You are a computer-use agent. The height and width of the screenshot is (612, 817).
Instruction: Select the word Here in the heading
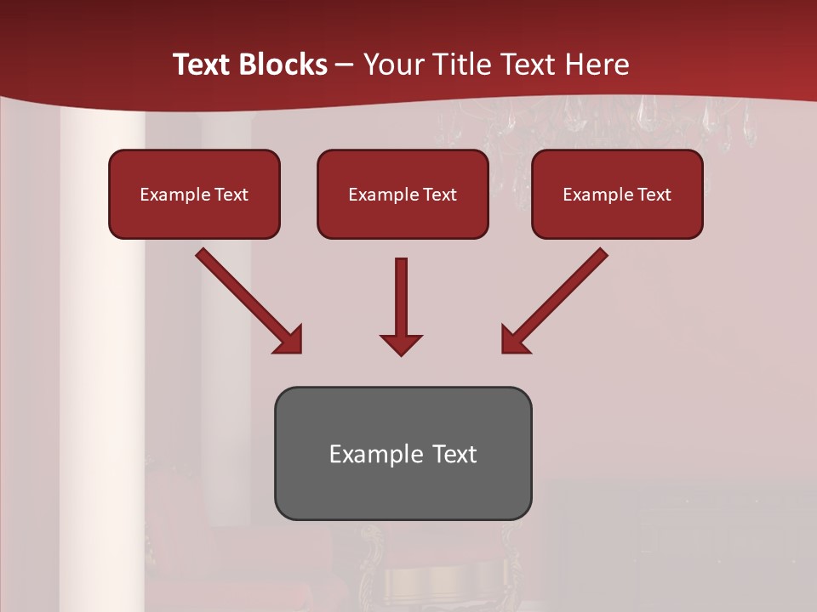pyautogui.click(x=597, y=65)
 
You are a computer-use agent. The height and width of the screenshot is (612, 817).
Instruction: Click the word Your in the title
pyautogui.click(x=391, y=65)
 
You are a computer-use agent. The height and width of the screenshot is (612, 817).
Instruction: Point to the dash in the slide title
pyautogui.click(x=345, y=65)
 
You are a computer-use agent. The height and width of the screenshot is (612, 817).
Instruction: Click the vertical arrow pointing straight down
pyautogui.click(x=401, y=297)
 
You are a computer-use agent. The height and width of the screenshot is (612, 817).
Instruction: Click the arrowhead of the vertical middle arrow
pyautogui.click(x=401, y=344)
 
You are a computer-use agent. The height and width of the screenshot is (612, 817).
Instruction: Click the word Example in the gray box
pyautogui.click(x=376, y=454)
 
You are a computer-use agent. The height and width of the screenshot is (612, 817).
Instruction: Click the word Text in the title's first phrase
pyautogui.click(x=203, y=65)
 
